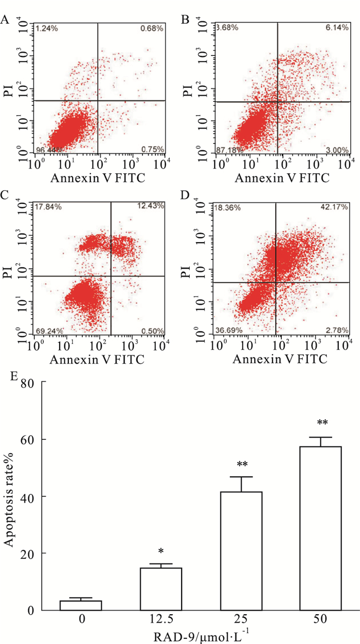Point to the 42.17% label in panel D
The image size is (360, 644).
(x=336, y=207)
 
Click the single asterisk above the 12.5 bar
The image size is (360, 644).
(x=161, y=552)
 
